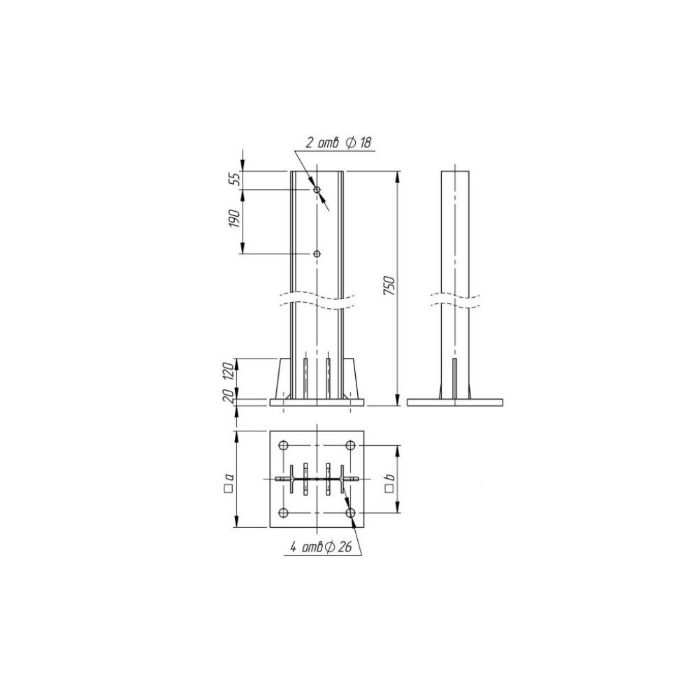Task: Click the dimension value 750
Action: click(x=389, y=286)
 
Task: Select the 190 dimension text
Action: click(x=235, y=218)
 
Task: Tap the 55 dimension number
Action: click(x=235, y=179)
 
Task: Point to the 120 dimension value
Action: click(x=229, y=371)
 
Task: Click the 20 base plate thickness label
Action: click(x=229, y=396)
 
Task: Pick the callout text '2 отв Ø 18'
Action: click(x=338, y=143)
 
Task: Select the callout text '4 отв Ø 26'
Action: click(x=322, y=547)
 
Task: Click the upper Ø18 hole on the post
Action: click(x=317, y=190)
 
